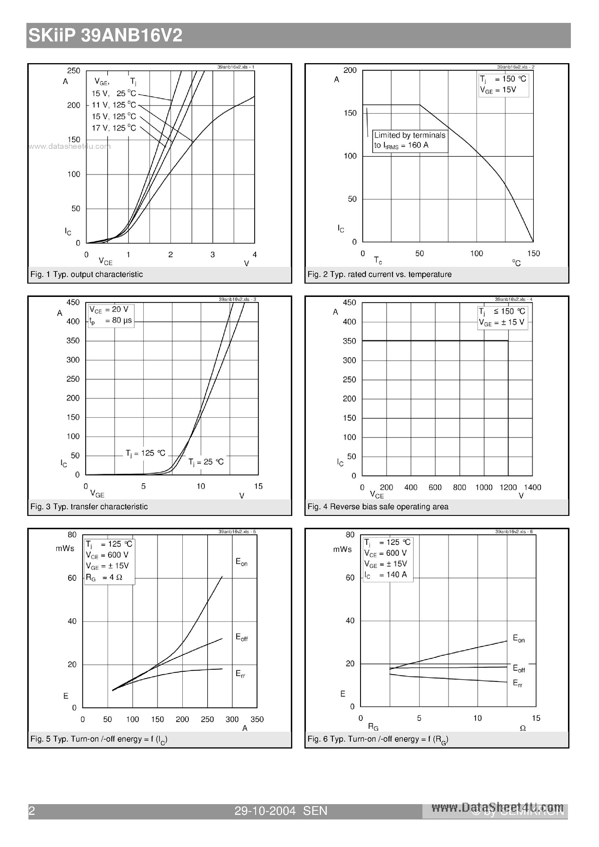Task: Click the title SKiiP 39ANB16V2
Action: pos(105,36)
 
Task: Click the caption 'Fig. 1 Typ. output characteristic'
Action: pos(86,274)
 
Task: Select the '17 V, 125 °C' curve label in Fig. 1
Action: pos(114,128)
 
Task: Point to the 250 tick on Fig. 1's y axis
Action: pos(73,70)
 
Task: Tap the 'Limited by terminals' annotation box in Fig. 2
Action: pos(410,140)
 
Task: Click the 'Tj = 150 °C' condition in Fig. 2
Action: pos(503,79)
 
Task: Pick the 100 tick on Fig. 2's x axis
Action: pos(476,253)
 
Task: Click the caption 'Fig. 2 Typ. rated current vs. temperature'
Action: pos(379,274)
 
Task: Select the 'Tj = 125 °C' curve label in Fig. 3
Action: pos(145,453)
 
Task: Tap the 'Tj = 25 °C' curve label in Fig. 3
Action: pos(206,462)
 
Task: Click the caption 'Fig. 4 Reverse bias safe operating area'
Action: pos(378,507)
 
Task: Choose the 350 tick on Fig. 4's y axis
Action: pos(349,341)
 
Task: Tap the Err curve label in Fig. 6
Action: pos(518,683)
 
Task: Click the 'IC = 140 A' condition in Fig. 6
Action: pos(386,575)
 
